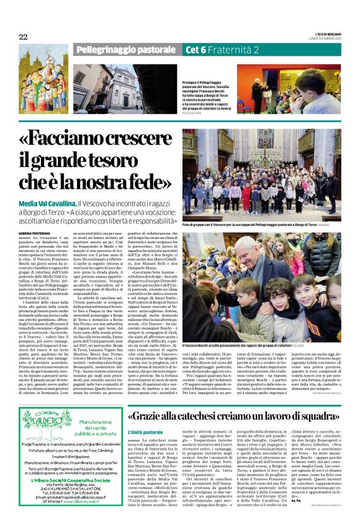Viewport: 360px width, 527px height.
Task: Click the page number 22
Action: click(23, 37)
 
